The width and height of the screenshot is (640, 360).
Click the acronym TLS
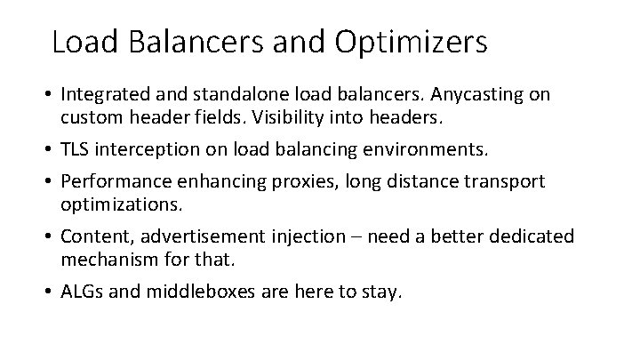[77, 149]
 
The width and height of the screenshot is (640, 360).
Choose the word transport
[500, 181]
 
